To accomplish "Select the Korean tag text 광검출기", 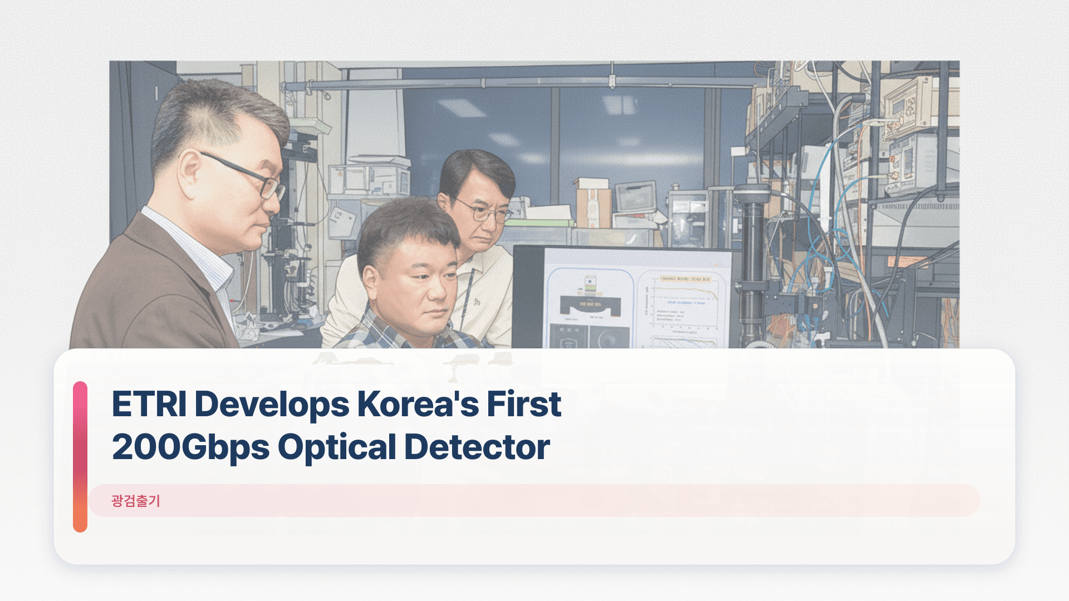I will pyautogui.click(x=136, y=501).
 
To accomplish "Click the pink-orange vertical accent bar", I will pyautogui.click(x=80, y=456).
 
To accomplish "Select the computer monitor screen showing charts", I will pyautogui.click(x=635, y=300).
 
